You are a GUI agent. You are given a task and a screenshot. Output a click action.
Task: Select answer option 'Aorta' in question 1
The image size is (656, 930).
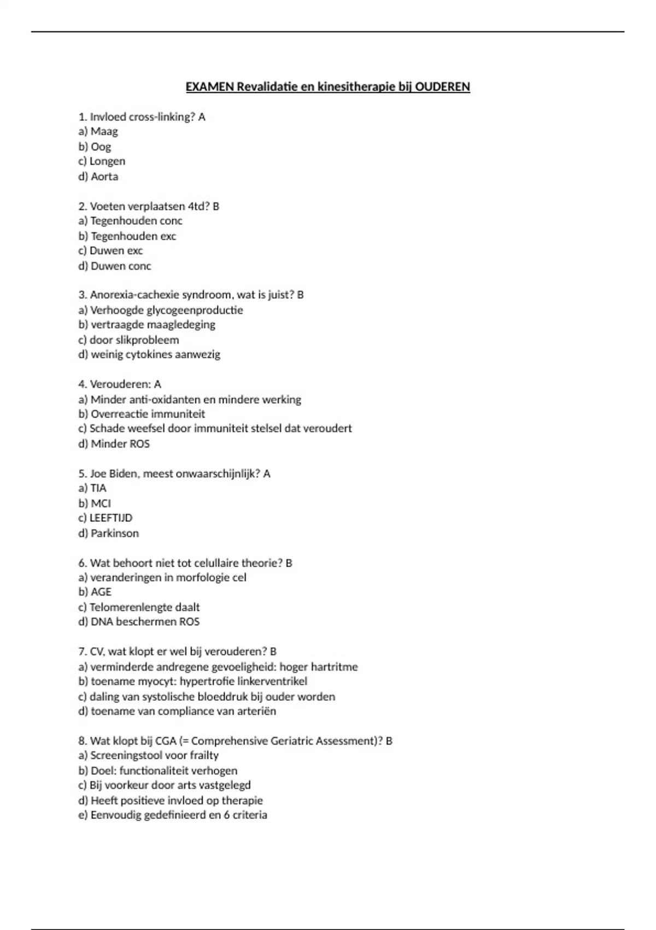tap(104, 177)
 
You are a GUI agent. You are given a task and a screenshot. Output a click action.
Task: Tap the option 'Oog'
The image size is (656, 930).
tap(101, 147)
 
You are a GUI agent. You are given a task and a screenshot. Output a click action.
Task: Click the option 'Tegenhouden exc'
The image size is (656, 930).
tap(133, 236)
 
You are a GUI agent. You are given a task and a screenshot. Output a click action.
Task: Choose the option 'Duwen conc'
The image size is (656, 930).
tap(121, 266)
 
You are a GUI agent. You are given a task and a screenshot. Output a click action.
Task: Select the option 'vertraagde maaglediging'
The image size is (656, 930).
tap(153, 325)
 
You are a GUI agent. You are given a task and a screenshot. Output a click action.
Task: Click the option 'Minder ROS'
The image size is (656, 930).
tap(120, 444)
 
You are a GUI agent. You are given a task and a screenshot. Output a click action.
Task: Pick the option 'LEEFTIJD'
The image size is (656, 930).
tap(110, 518)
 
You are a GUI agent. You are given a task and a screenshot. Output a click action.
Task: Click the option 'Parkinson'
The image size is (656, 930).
tap(114, 533)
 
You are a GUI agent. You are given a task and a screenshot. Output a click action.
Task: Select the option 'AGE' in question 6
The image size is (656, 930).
tap(101, 592)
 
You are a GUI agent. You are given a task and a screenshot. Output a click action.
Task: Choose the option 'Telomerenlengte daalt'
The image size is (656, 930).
tap(144, 607)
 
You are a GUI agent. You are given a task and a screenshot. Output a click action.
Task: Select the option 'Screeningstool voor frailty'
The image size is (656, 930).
tap(154, 755)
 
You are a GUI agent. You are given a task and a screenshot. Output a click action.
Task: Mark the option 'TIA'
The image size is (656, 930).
tap(98, 489)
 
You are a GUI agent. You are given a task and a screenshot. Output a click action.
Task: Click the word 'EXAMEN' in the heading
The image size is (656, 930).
tap(210, 87)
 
